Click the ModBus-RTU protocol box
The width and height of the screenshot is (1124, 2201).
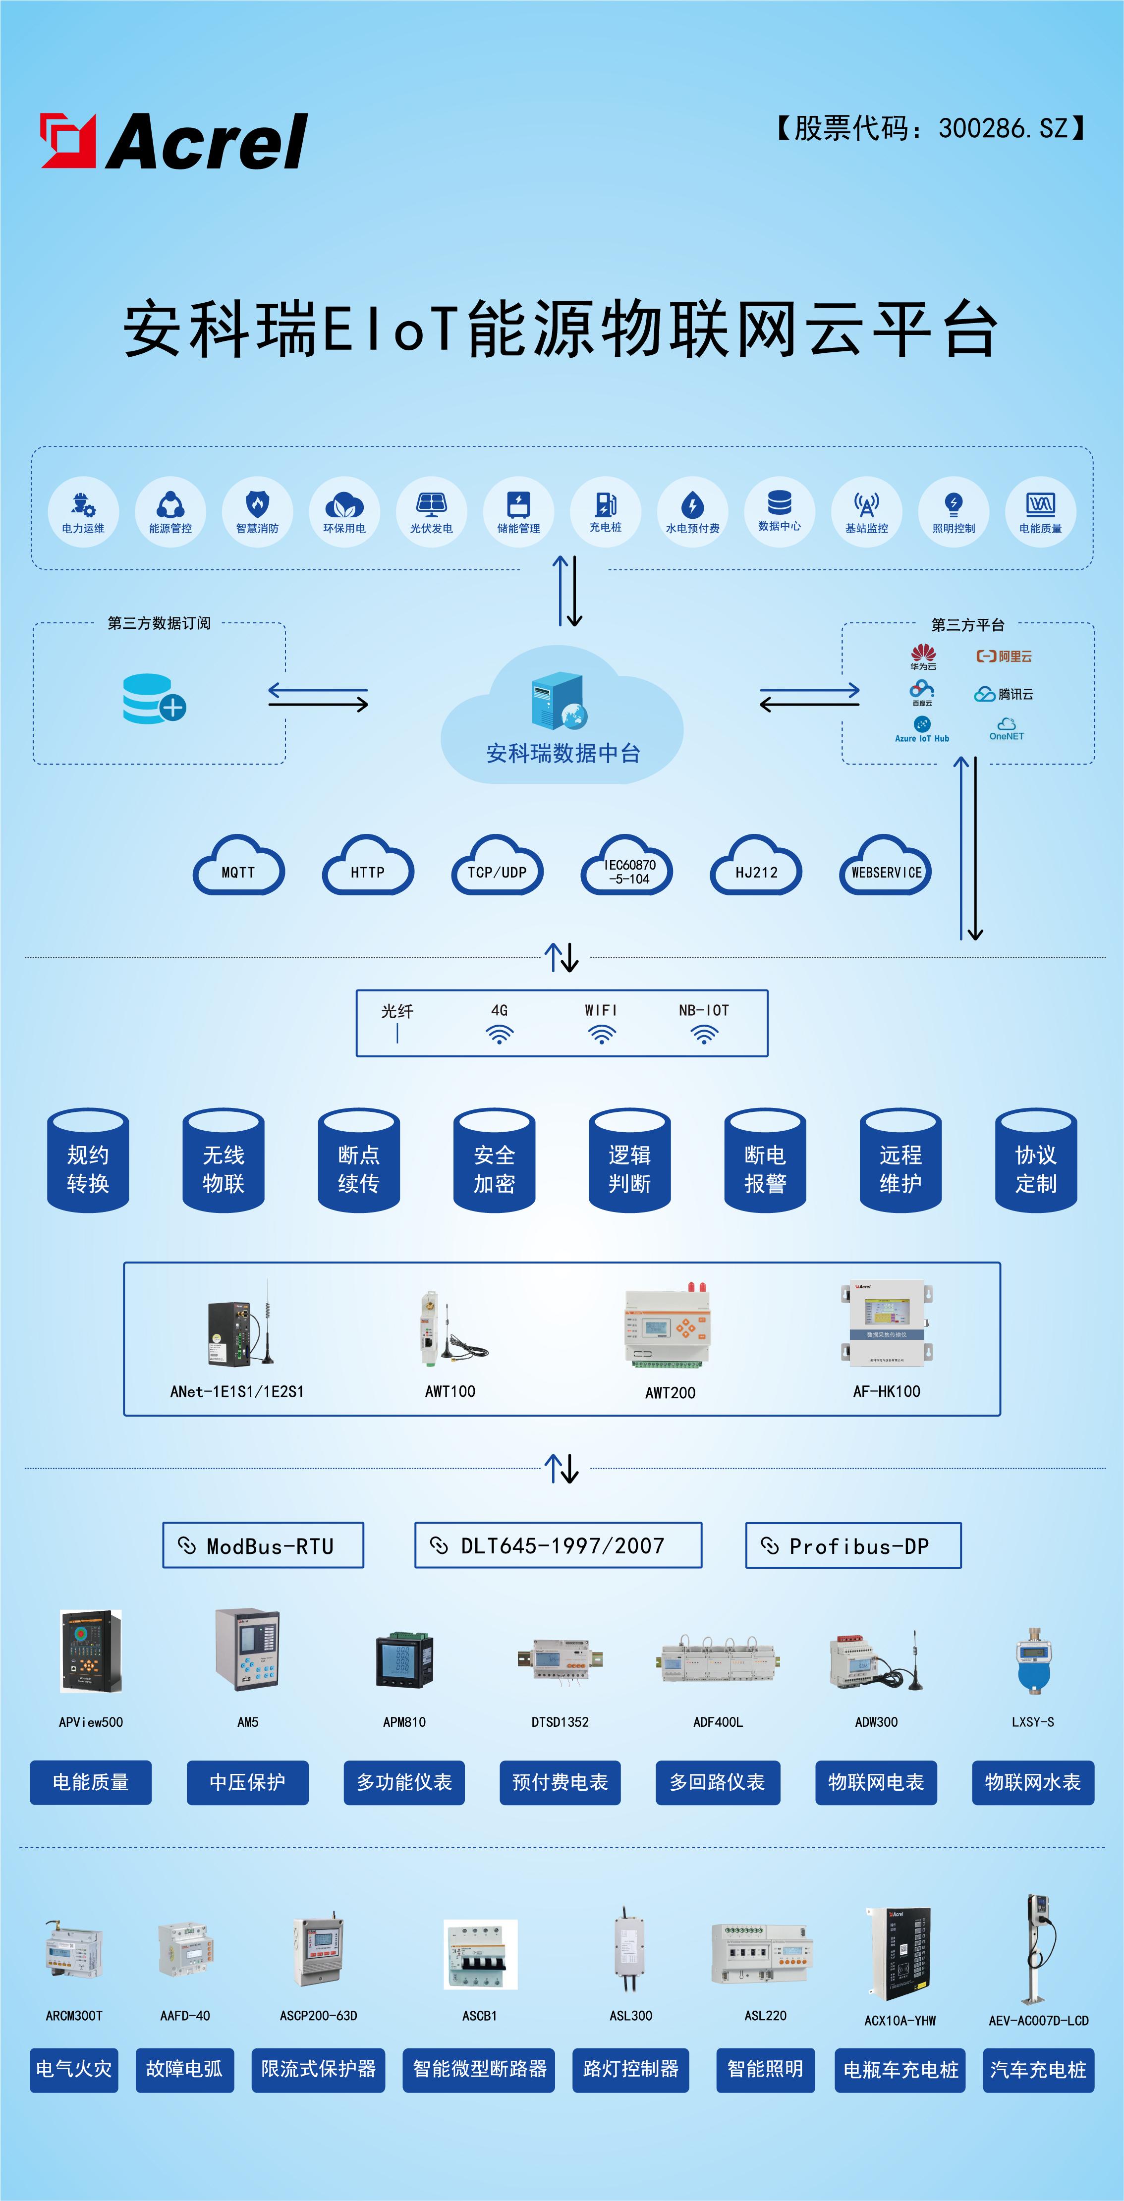coord(263,1545)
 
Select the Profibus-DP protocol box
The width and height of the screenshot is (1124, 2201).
coord(853,1545)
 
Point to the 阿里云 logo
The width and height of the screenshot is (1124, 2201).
coord(1005,656)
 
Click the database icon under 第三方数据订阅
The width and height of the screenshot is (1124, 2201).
coord(154,699)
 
